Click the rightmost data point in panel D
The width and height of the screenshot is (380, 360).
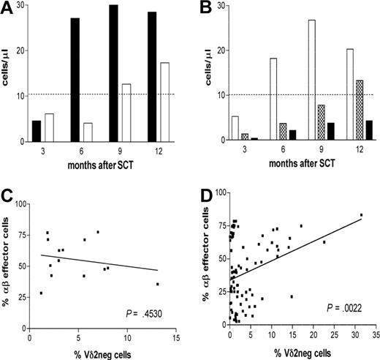point(361,215)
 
